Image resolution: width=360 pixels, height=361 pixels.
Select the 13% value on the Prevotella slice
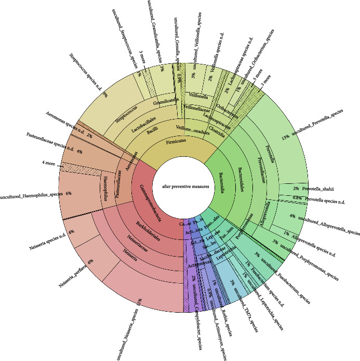(285, 139)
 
